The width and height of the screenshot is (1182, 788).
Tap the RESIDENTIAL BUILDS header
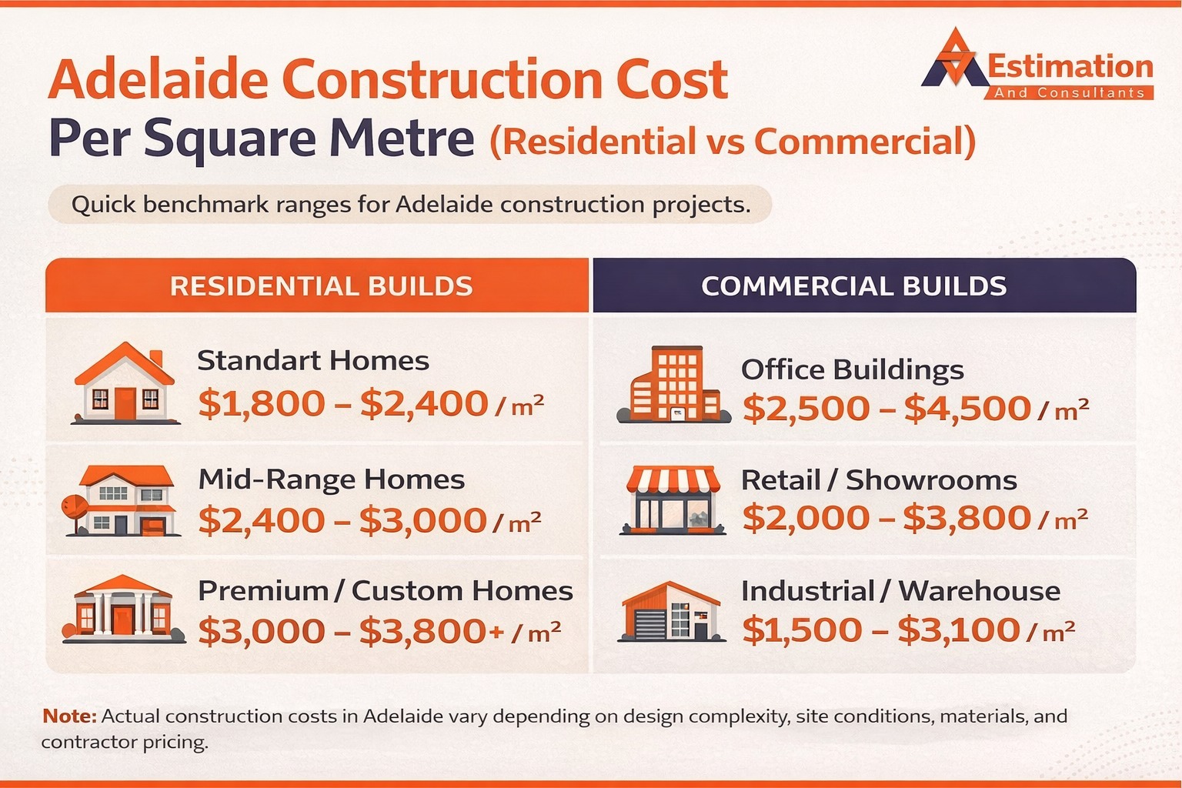click(x=321, y=286)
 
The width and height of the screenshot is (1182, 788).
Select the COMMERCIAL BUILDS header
click(x=853, y=286)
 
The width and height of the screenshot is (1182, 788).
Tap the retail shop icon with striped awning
click(x=673, y=500)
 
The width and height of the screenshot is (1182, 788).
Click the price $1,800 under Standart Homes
click(x=262, y=404)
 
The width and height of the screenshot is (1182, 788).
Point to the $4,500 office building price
click(x=967, y=409)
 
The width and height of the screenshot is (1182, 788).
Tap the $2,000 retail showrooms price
click(x=805, y=518)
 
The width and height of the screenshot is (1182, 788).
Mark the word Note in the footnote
click(x=69, y=716)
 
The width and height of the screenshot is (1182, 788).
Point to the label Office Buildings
click(x=852, y=370)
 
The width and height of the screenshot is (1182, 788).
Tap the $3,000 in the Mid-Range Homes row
click(x=422, y=521)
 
